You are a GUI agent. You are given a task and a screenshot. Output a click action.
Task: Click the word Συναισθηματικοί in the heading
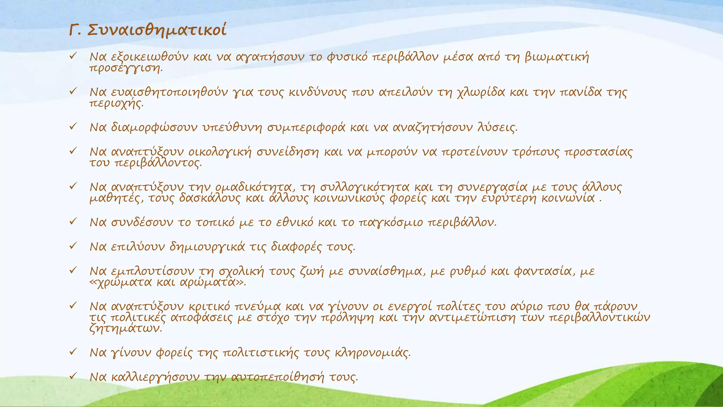pos(156,30)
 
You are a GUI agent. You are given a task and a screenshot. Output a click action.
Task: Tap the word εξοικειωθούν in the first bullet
pos(150,57)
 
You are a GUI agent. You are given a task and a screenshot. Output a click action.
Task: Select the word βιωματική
pos(557,57)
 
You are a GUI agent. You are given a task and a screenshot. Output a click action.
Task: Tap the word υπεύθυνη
pos(232,127)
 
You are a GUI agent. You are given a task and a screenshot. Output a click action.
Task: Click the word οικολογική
pos(220,152)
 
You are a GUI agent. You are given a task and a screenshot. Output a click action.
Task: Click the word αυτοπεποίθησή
pos(277,377)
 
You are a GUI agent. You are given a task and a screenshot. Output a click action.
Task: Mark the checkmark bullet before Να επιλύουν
pos(73,246)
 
